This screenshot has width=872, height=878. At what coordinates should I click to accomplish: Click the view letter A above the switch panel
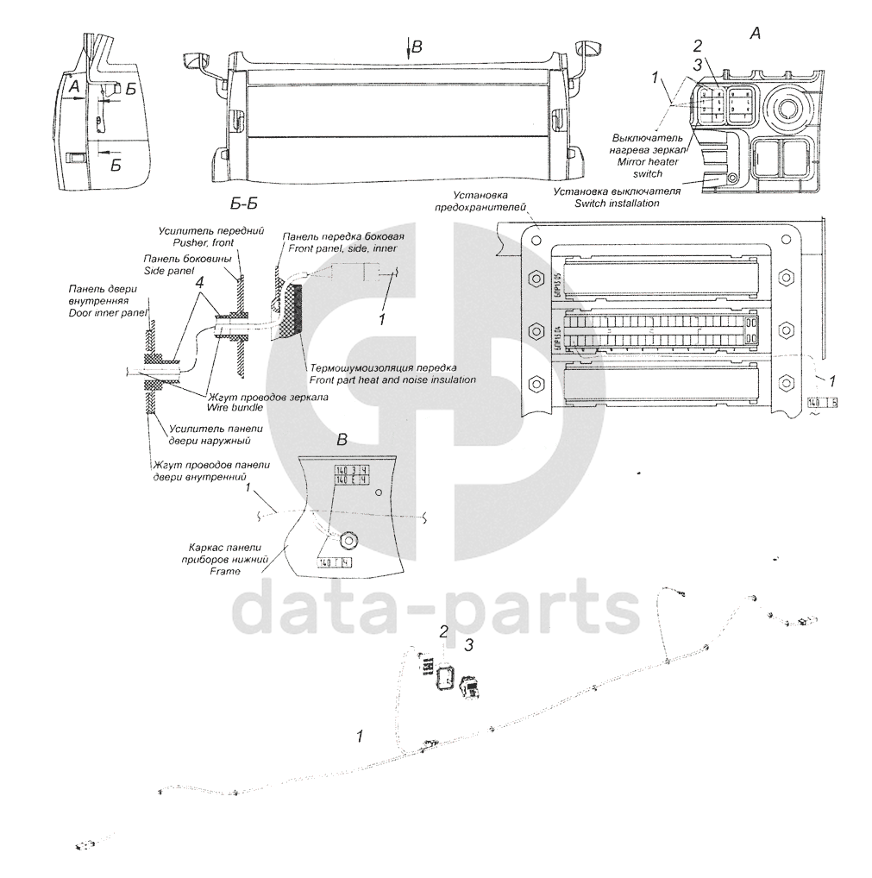(756, 34)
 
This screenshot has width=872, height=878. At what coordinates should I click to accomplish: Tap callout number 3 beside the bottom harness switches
(469, 644)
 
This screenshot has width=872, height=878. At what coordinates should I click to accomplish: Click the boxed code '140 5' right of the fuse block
(823, 403)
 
